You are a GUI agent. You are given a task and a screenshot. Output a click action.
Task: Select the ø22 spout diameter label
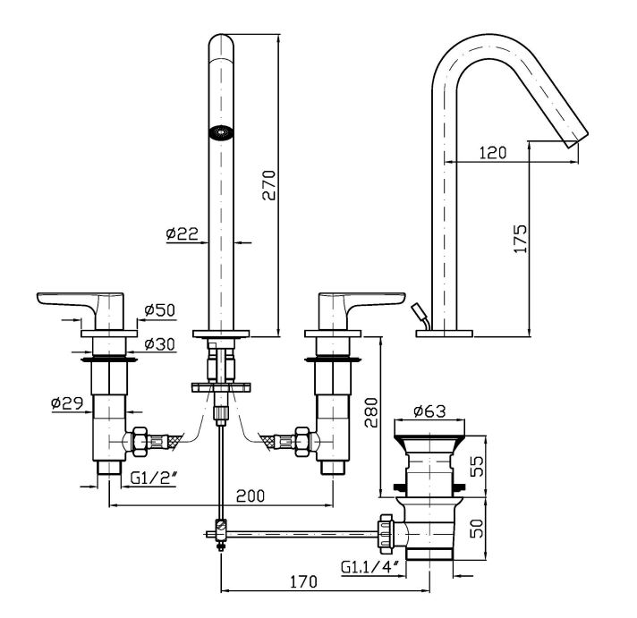(181, 234)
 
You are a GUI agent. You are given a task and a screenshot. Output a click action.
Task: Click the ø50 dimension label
(157, 310)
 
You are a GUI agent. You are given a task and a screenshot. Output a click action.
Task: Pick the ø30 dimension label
(157, 343)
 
